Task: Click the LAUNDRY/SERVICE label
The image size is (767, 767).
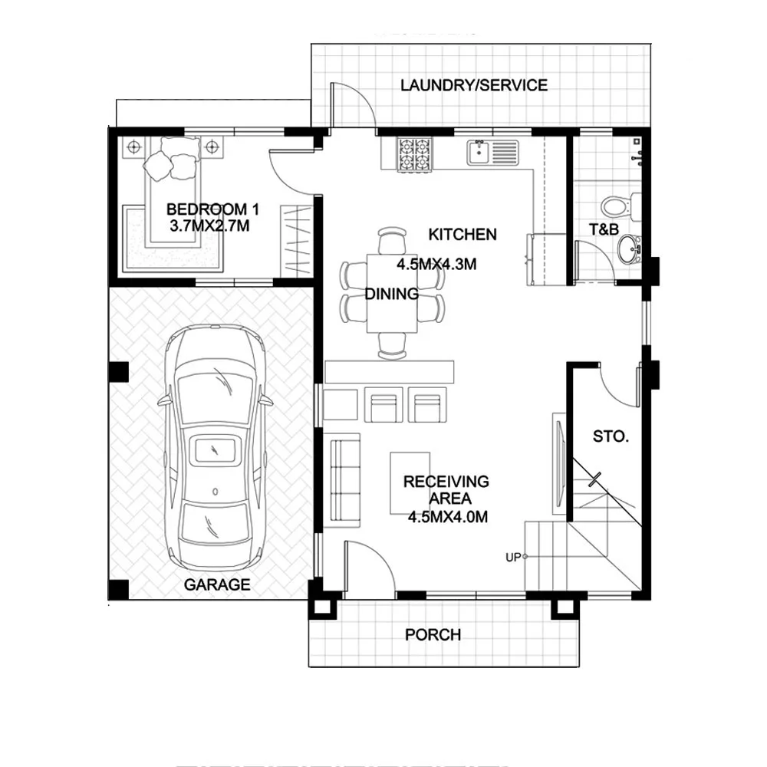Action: [x=473, y=85]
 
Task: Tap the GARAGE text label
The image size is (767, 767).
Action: [x=217, y=584]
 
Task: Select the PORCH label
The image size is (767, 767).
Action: [x=433, y=634]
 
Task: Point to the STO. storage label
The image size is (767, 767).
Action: [x=611, y=436]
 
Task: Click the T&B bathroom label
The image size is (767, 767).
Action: [x=604, y=229]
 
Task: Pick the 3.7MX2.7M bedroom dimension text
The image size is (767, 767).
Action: [x=209, y=226]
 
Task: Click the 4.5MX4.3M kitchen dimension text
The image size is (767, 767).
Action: [x=436, y=264]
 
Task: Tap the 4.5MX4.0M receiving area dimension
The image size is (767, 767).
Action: [x=448, y=516]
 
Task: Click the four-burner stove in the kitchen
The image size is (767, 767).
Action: [x=415, y=154]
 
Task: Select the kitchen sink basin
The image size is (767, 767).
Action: [x=478, y=152]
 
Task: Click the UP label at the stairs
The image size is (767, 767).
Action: [x=512, y=557]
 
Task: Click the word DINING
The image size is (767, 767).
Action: [x=392, y=294]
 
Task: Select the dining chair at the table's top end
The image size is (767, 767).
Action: [x=392, y=240]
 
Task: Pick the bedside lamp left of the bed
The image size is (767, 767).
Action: [x=134, y=146]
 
